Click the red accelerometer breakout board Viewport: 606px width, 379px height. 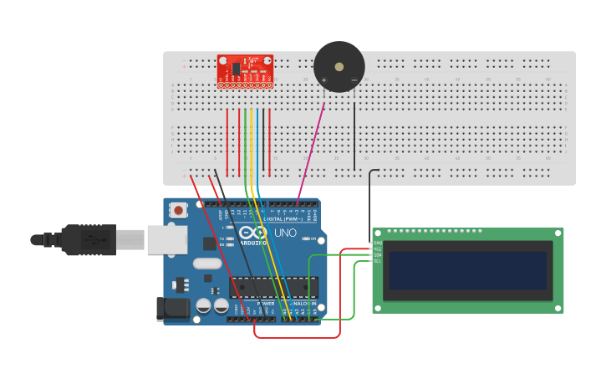tap(245, 70)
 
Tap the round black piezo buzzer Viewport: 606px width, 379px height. tap(339, 66)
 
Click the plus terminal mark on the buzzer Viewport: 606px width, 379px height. tap(324, 80)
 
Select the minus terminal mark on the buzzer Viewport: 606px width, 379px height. tap(354, 80)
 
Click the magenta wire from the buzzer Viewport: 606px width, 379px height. tap(311, 151)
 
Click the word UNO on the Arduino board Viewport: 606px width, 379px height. tap(285, 233)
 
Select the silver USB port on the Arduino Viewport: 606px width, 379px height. tap(166, 239)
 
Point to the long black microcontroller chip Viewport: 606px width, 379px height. tap(273, 287)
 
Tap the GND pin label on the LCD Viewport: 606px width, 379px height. tap(378, 243)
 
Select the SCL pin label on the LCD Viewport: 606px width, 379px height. tap(378, 261)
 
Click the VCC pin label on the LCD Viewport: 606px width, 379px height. tap(378, 248)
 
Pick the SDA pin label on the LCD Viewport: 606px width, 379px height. tap(378, 255)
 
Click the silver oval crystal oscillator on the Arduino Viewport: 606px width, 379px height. tap(208, 264)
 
